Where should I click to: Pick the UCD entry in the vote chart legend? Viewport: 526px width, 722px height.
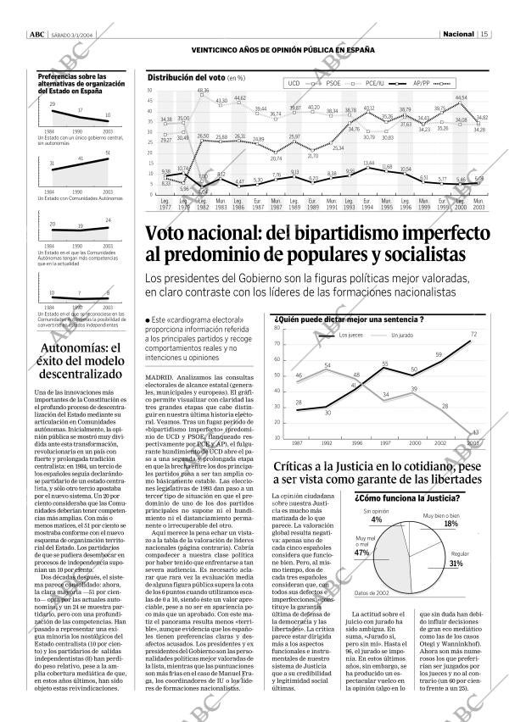tap(294, 84)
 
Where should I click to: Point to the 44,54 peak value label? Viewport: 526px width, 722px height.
tap(462, 98)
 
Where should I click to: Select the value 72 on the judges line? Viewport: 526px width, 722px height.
tap(473, 334)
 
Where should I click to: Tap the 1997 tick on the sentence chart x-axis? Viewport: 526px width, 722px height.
tap(384, 442)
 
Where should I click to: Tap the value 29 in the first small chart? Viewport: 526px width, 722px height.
tap(53, 103)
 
